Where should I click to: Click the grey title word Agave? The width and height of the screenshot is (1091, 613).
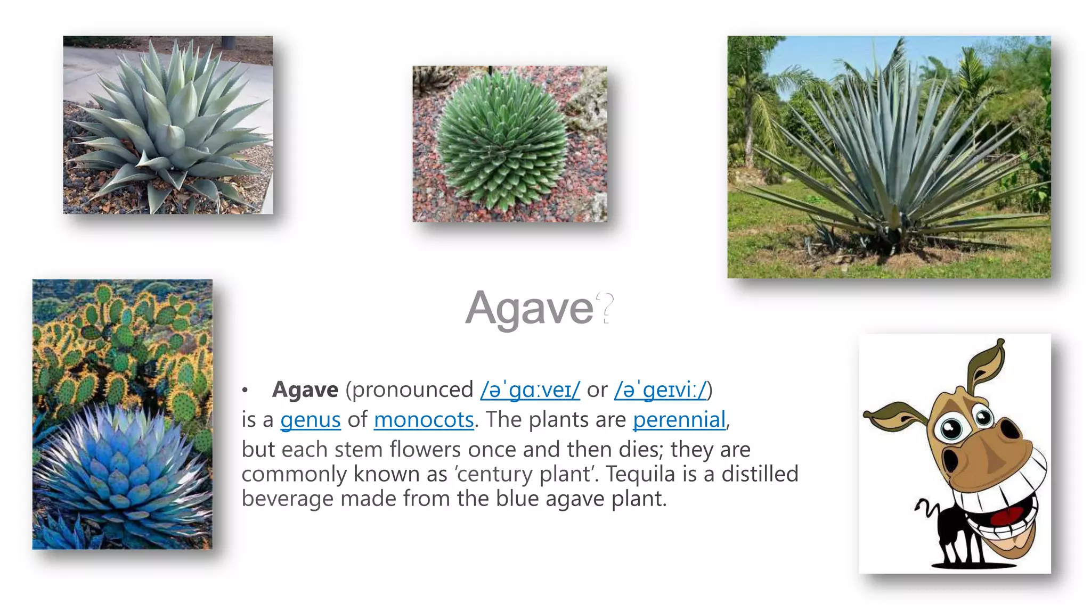pyautogui.click(x=529, y=309)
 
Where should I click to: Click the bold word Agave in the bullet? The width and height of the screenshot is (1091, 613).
pyautogui.click(x=305, y=390)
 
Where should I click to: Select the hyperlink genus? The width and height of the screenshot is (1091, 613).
pyautogui.click(x=310, y=420)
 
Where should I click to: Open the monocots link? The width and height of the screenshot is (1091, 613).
pyautogui.click(x=424, y=420)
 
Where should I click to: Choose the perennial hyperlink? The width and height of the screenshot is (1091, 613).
pyautogui.click(x=679, y=420)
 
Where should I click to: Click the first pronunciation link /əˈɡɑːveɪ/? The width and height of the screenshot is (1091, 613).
pyautogui.click(x=530, y=390)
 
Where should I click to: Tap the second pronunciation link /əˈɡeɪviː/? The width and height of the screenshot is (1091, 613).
pyautogui.click(x=660, y=390)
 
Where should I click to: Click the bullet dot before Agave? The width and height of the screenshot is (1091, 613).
pyautogui.click(x=245, y=391)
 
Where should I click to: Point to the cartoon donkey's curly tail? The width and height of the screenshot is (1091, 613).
pyautogui.click(x=927, y=508)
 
